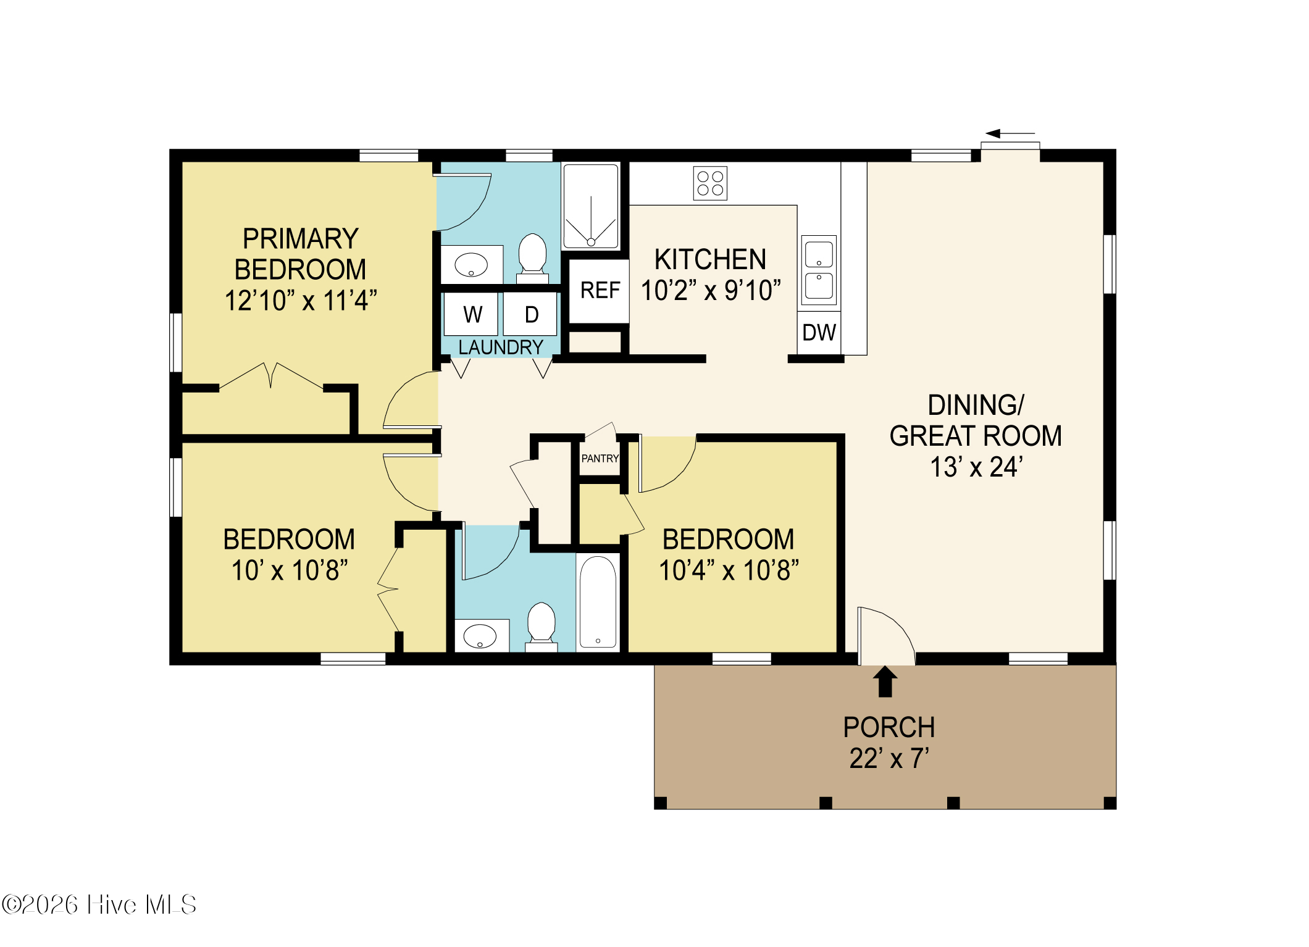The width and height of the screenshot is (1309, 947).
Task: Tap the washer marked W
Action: pos(471,314)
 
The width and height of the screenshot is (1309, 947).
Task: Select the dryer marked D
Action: pos(530,314)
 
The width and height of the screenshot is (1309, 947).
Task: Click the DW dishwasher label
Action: pos(819,333)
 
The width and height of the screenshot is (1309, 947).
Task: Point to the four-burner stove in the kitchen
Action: pos(710,183)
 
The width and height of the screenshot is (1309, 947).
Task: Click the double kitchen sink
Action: pos(819,270)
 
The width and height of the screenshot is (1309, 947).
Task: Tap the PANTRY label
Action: pos(600,459)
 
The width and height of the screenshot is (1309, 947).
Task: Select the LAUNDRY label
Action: pos(501,348)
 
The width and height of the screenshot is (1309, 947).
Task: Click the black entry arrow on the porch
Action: pos(885,682)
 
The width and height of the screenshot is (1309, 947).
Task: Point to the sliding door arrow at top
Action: pos(1010,133)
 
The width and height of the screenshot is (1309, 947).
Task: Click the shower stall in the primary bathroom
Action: pos(591,206)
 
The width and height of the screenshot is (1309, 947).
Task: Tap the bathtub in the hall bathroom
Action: pos(598,602)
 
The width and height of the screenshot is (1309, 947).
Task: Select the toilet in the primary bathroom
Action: pos(532,258)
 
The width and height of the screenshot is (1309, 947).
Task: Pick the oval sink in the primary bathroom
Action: pos(471,265)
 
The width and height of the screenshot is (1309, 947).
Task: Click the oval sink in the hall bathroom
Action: pos(480,636)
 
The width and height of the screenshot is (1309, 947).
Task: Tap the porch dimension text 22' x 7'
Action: pos(889,759)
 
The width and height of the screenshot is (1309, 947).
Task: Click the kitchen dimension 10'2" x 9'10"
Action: pos(711,291)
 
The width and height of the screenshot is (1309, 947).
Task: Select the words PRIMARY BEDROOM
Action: pos(301,254)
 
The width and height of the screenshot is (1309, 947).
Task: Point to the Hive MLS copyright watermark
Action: pos(99,905)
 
